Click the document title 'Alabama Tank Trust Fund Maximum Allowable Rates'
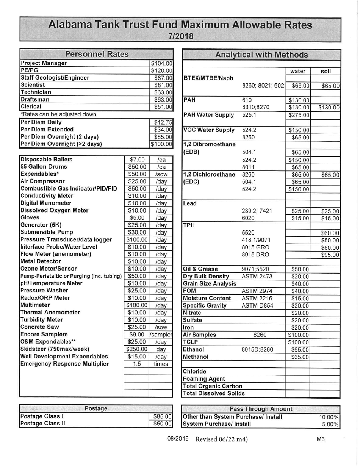pyautogui.click(x=180, y=25)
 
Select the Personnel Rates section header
pyautogui.click(x=97, y=54)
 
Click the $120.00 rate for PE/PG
pyautogui.click(x=161, y=70)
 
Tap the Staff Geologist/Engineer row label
pyautogui.click(x=55, y=78)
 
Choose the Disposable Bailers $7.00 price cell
pyautogui.click(x=136, y=160)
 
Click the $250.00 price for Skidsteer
pyautogui.click(x=136, y=349)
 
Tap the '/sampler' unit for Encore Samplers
pyautogui.click(x=161, y=335)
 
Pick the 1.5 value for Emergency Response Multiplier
pyautogui.click(x=136, y=364)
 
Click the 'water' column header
pyautogui.click(x=297, y=71)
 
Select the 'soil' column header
pyautogui.click(x=326, y=71)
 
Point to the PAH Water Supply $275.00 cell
pyautogui.click(x=298, y=115)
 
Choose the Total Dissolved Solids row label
pyautogui.click(x=214, y=393)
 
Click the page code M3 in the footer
pyautogui.click(x=321, y=439)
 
